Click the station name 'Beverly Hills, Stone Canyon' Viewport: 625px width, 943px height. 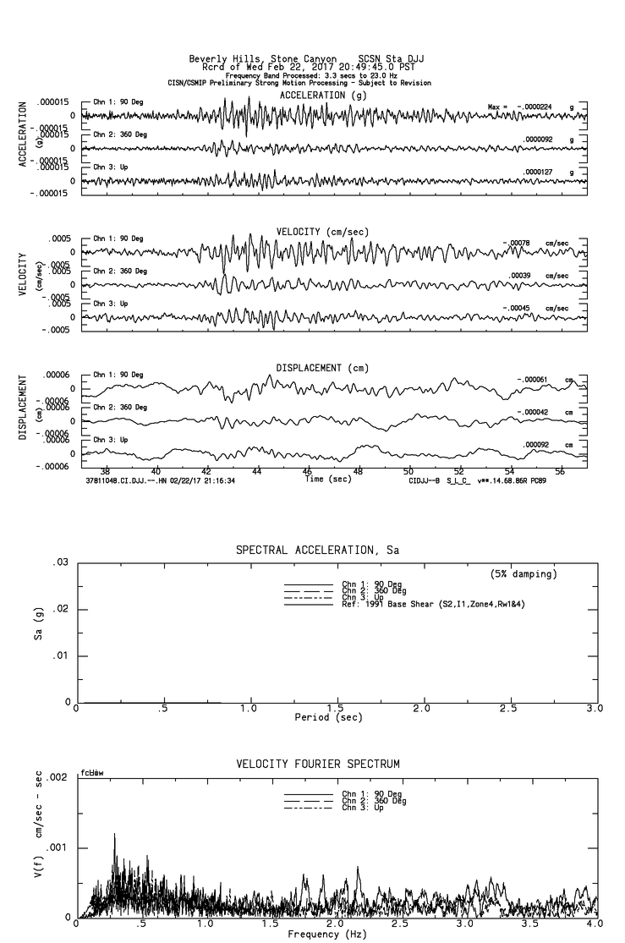coord(259,59)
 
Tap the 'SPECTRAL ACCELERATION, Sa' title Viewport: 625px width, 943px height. coord(317,551)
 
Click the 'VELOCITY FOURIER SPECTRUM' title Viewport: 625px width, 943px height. coord(317,765)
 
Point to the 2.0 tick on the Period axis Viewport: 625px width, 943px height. coord(422,709)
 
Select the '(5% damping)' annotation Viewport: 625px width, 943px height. coord(524,574)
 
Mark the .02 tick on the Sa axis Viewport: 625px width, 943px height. coord(61,609)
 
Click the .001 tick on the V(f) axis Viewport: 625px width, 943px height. coord(58,847)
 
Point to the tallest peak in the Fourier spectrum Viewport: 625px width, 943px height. coord(114,834)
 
